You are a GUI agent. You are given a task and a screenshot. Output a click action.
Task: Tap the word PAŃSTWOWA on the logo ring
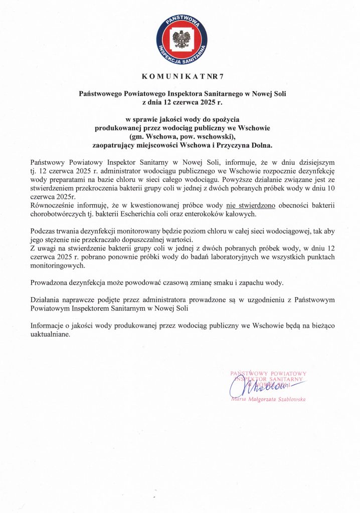coord(180,20)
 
